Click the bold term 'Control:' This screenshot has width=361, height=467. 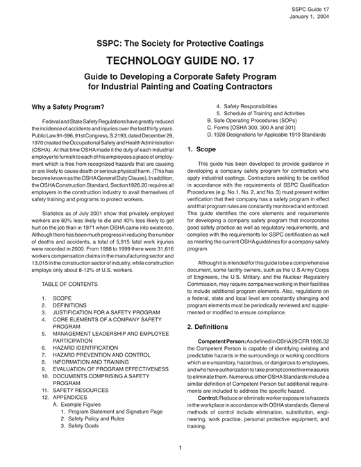pos(210,416)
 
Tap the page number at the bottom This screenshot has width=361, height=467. pos(180,447)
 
